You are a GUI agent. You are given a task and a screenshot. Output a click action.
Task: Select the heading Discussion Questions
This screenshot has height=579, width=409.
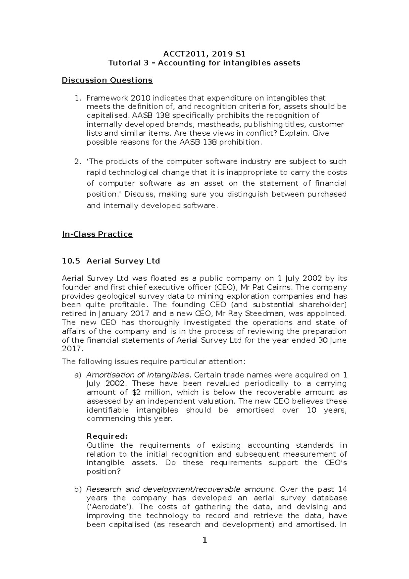coord(107,80)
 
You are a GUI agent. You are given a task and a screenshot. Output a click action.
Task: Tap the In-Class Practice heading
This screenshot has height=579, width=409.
coord(97,234)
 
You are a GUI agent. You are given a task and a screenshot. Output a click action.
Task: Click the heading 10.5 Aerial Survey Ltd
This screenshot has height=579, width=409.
coord(111,261)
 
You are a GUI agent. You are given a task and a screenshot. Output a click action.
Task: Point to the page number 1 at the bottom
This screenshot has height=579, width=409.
coord(204,550)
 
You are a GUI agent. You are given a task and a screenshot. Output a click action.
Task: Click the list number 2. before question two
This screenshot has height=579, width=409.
coord(77,161)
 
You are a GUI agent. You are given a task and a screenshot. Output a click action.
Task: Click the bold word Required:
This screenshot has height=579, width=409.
coord(107,436)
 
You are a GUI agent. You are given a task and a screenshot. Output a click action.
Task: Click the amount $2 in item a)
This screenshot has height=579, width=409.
coord(136,392)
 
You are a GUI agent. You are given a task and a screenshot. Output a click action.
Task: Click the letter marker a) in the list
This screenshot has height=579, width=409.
coord(78,375)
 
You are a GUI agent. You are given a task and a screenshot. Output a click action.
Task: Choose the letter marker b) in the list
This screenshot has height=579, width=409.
coord(78,489)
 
